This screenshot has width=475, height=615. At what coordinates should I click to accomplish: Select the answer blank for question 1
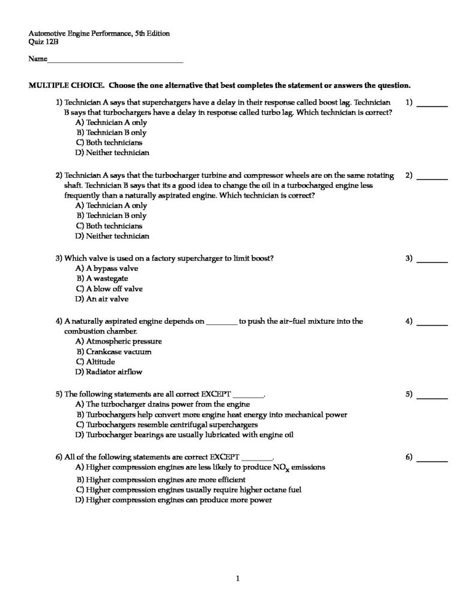[432, 105]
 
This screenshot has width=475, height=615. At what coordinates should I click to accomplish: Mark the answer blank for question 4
[432, 324]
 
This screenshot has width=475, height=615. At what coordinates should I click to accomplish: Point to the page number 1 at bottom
[238, 579]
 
